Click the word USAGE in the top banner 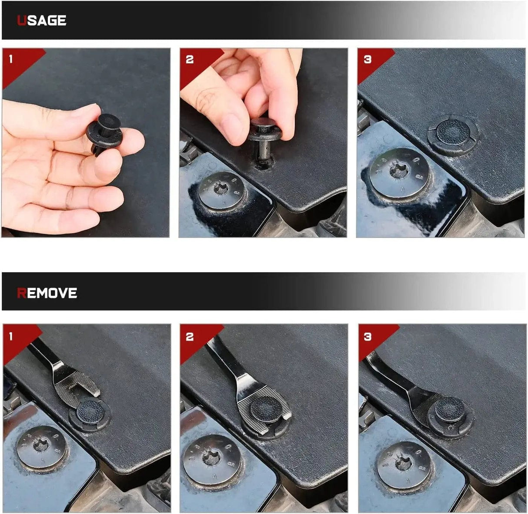41,20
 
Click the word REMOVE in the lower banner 47,293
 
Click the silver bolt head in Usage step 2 221,190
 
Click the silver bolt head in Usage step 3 400,172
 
